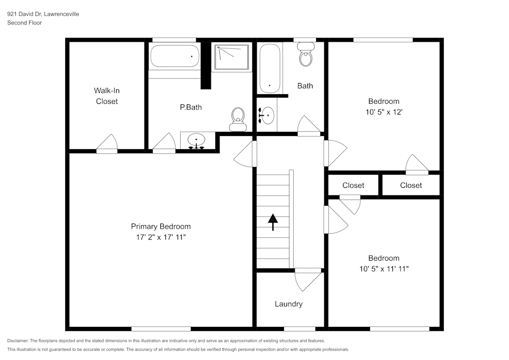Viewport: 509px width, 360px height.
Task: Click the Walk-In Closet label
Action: [x=106, y=96]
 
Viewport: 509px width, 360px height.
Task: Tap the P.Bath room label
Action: [x=191, y=107]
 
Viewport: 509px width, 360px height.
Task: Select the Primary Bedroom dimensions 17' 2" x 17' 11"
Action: [x=161, y=237]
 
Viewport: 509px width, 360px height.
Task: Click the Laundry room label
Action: [x=289, y=304]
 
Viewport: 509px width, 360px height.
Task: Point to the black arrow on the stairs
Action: [x=273, y=222]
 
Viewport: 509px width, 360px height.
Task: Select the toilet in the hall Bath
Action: [x=306, y=55]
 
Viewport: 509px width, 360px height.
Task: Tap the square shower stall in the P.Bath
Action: [x=232, y=57]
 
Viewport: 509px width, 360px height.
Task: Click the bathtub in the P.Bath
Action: [x=174, y=56]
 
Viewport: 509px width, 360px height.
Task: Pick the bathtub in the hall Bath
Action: [x=269, y=68]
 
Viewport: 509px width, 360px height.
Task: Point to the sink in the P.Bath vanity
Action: [x=196, y=140]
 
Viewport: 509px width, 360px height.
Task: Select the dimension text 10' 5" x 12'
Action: [x=384, y=112]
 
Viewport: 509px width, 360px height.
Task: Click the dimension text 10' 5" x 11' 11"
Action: [x=384, y=268]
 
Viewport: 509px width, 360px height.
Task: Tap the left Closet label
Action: [x=353, y=185]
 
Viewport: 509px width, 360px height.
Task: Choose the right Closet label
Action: [x=411, y=185]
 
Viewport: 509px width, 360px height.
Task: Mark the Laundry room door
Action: [x=308, y=279]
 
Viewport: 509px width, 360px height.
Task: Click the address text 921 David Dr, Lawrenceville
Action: [x=43, y=14]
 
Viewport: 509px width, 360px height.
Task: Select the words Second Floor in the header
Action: [x=24, y=23]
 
